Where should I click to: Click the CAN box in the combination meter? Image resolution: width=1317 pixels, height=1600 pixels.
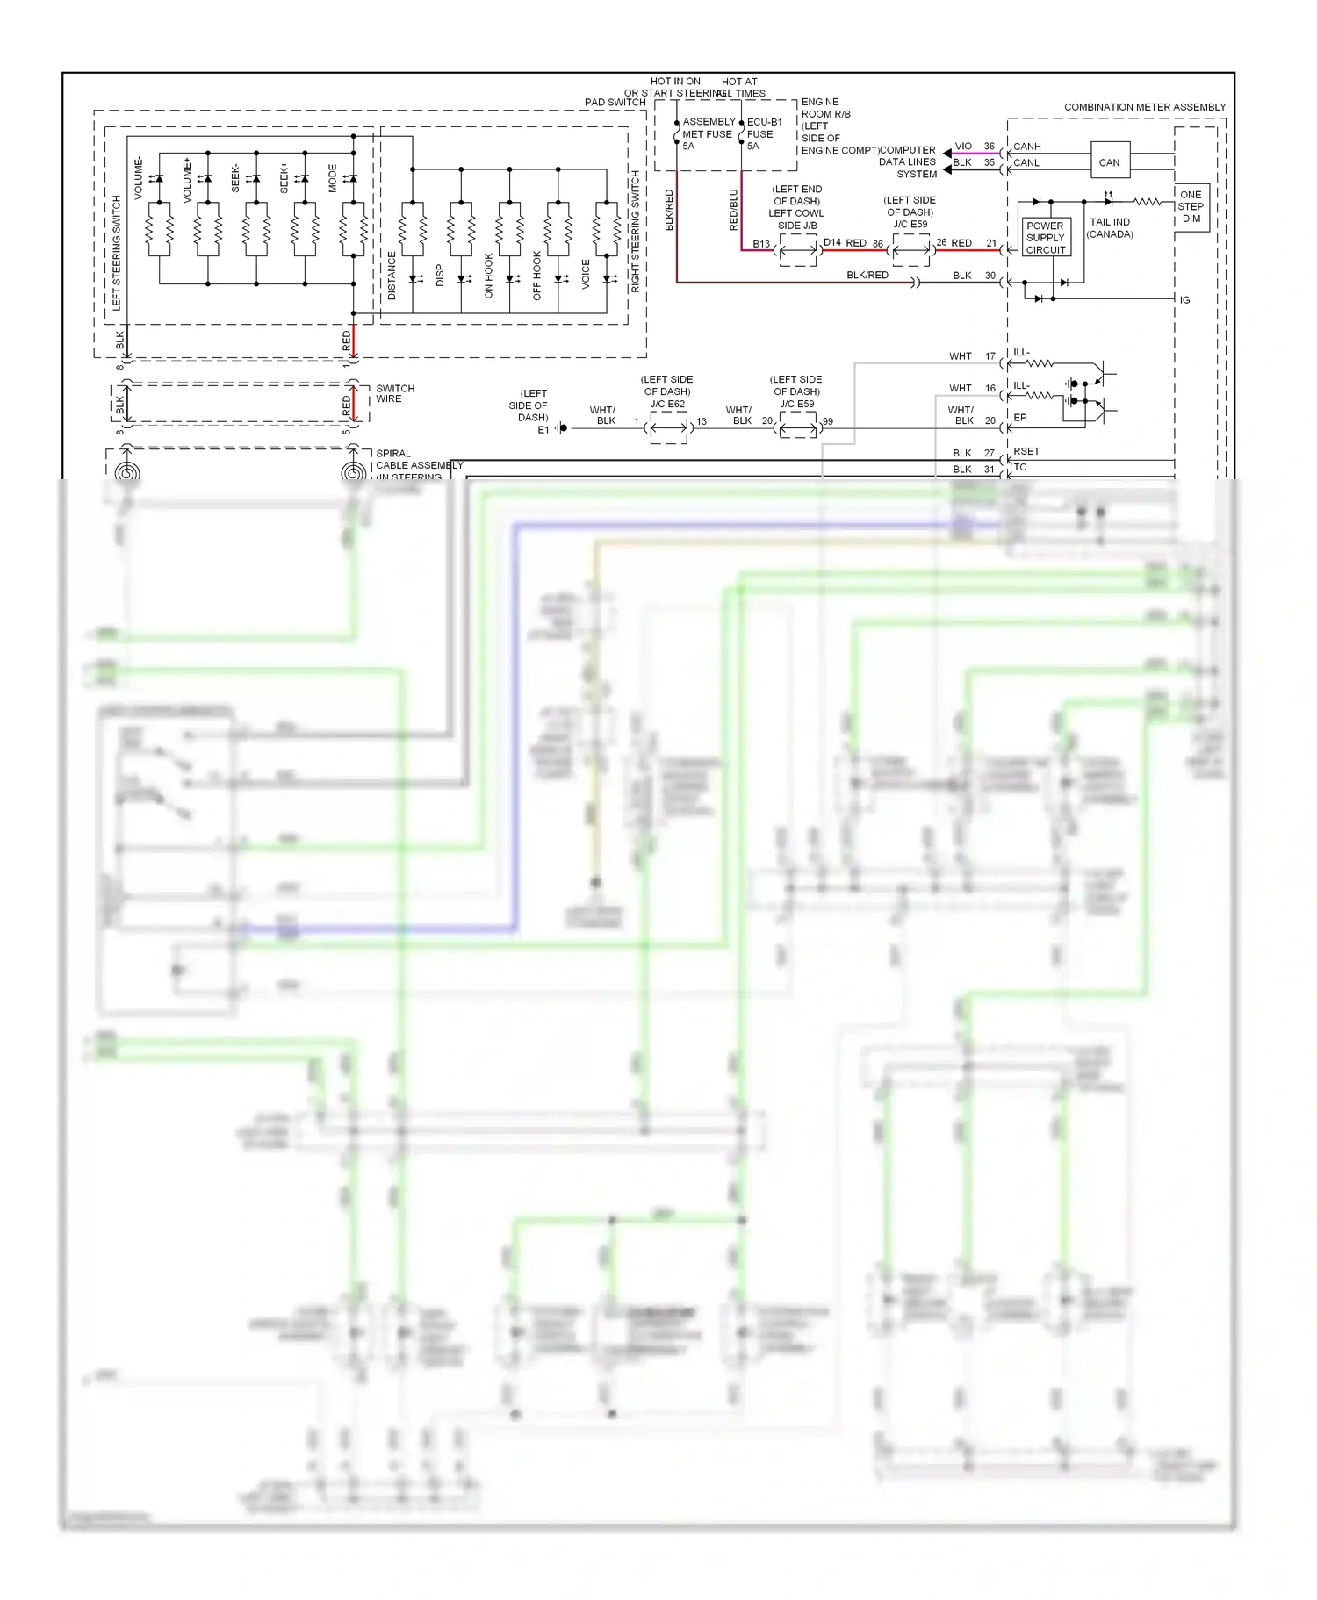coord(1110,161)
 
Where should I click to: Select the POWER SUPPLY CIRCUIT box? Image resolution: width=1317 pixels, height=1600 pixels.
coord(1045,238)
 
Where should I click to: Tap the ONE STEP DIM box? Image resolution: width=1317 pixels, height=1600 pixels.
coord(1191,207)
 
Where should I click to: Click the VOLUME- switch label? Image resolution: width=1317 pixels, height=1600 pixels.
coord(139,178)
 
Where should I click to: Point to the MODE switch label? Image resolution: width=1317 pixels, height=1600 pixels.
coord(333,178)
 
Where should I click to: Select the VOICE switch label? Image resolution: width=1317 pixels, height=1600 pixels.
coord(586,274)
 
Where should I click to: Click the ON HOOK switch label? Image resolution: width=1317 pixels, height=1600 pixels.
coord(489,276)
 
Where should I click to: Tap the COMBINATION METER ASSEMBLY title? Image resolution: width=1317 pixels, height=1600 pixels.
coord(1144,107)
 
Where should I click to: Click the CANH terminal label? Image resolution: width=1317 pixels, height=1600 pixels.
coord(1026,147)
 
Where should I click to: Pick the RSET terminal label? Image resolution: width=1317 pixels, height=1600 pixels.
coord(1026,451)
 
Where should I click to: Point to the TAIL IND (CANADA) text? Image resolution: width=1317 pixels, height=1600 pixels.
coord(1110,228)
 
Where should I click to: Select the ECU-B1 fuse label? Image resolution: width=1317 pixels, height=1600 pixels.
coord(764,122)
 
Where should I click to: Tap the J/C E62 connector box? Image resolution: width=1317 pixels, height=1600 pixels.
coord(669,427)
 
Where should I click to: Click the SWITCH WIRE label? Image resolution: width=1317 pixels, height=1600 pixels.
coord(395,393)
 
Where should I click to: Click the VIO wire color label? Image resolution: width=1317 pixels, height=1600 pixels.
coord(963,147)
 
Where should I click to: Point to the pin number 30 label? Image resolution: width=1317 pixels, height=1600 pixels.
coord(990,276)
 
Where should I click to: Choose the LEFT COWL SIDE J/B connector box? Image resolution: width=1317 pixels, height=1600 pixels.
coord(797,250)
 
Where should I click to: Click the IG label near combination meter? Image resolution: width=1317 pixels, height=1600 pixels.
coord(1184,300)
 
